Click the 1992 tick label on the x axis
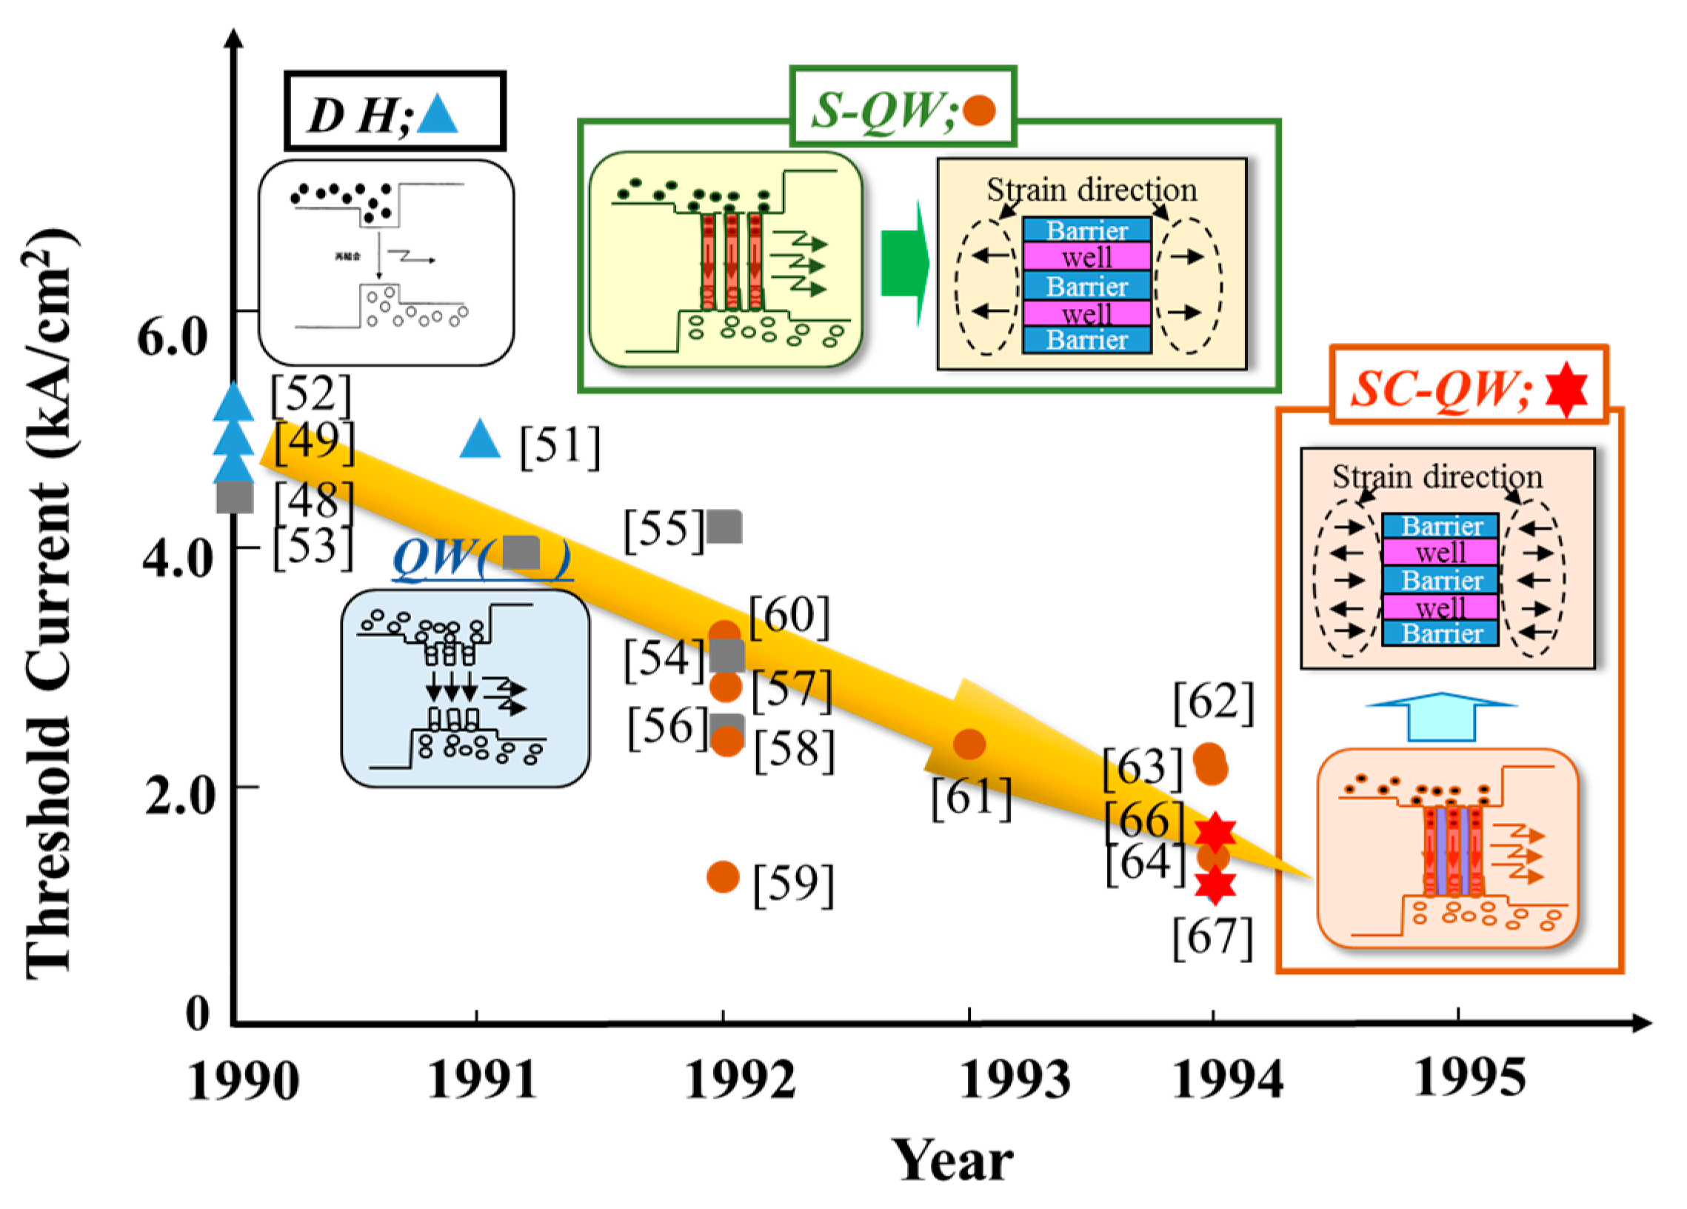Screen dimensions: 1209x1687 coord(740,1079)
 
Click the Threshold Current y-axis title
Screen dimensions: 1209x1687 coord(50,602)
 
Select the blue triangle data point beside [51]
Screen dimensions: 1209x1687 coord(480,439)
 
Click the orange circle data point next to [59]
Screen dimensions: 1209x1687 coord(723,877)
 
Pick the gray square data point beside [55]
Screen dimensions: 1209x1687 coord(724,527)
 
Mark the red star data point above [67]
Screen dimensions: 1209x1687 coord(1215,885)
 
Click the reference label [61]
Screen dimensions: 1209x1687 coord(972,798)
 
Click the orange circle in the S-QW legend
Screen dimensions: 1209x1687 coord(979,110)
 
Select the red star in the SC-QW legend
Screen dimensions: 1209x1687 coord(1566,389)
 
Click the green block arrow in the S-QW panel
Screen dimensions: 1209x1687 coord(904,264)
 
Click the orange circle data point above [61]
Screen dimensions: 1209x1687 coord(969,744)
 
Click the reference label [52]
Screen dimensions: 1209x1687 coord(310,394)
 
